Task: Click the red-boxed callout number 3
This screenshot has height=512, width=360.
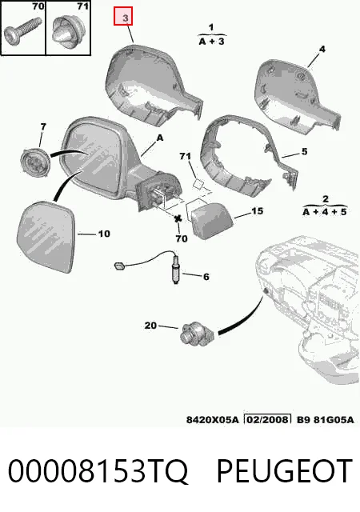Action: point(126,18)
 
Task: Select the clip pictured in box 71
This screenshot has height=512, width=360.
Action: point(66,30)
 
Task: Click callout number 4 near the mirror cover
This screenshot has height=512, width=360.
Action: point(322,50)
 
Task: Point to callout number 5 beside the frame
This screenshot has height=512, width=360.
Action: point(304,151)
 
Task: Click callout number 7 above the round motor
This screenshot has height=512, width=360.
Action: point(43,126)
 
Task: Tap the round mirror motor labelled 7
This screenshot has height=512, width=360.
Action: point(35,161)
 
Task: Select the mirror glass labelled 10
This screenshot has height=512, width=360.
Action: point(46,237)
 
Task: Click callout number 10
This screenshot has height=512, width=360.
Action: point(104,234)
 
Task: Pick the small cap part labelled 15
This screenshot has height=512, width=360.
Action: point(210,221)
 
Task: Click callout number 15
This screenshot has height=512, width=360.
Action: point(257,211)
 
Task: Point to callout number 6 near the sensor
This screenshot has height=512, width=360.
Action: point(206,277)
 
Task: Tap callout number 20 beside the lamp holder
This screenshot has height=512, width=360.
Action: point(150,326)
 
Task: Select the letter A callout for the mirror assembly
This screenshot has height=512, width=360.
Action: point(160,138)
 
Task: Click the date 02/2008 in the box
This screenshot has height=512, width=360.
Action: point(267,419)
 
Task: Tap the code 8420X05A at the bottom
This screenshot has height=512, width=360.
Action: point(213,419)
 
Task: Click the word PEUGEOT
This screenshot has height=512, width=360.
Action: point(285,470)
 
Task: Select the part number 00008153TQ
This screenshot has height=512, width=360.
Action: point(98,471)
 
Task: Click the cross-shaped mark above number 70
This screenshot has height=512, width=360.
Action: point(178,219)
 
